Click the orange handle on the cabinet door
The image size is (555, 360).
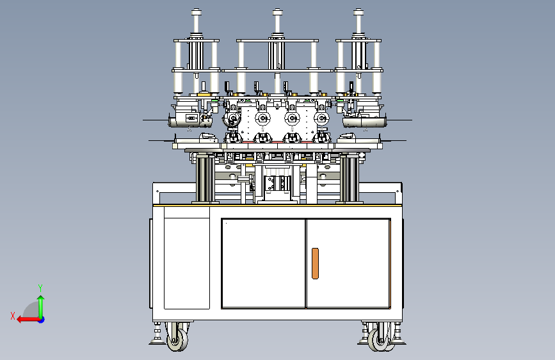pos(315,263)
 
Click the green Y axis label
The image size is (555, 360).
pos(40,288)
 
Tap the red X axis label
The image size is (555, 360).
pos(13,316)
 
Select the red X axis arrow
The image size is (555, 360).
pos(28,320)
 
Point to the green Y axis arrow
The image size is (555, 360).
pos(41,307)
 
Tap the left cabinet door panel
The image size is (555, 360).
pos(263,263)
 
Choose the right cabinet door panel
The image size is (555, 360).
pos(348,263)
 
